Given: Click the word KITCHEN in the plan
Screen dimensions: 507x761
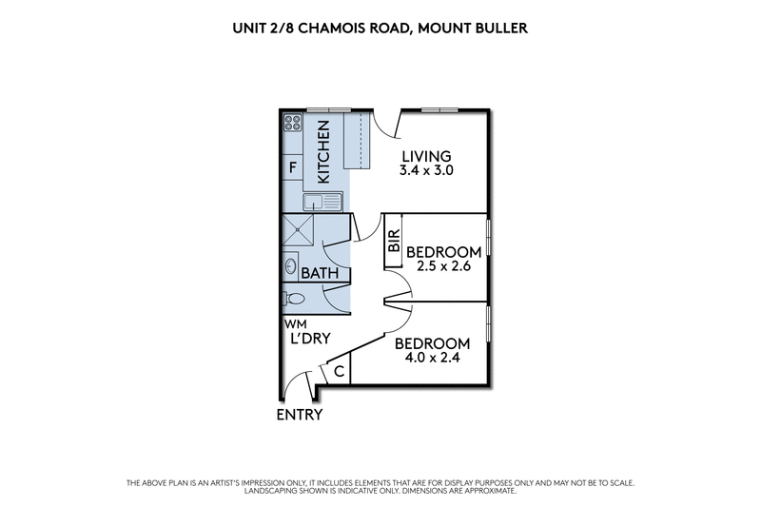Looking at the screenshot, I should [x=323, y=152].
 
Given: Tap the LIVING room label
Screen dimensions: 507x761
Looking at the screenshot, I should [x=424, y=157].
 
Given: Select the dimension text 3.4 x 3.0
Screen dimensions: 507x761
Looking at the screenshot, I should [x=424, y=173].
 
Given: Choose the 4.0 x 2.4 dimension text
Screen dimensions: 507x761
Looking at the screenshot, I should [x=432, y=360].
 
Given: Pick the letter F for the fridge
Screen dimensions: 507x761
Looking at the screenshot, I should [x=293, y=168].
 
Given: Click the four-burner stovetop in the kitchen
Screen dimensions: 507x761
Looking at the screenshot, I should [x=293, y=123].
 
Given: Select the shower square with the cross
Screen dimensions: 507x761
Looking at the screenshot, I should [x=301, y=231].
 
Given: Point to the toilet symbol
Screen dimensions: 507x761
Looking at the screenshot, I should [x=295, y=300].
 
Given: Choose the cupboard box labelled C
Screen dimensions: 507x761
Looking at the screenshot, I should [x=340, y=371].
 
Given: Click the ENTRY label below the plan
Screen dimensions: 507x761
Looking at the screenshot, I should [x=300, y=415].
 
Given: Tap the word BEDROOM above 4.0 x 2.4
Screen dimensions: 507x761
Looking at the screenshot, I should [x=432, y=343].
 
